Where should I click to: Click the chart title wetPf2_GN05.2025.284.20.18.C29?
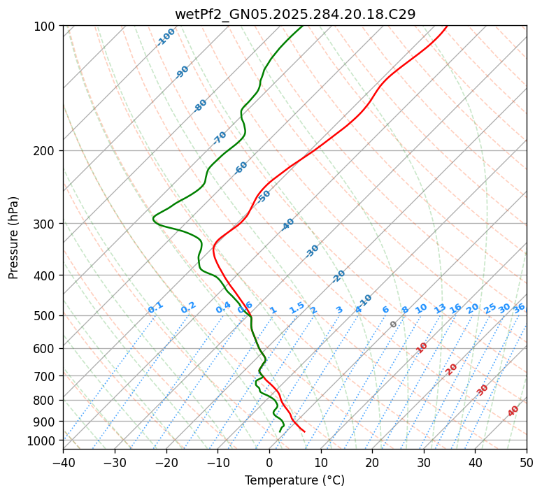point(294,13)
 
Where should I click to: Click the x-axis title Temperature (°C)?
point(294,481)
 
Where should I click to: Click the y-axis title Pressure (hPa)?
point(13,238)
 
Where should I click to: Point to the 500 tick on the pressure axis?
point(46,316)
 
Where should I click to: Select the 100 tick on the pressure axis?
point(46,27)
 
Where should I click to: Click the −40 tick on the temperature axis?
point(63,463)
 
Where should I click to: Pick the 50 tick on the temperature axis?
point(527,463)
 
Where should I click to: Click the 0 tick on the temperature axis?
point(269,463)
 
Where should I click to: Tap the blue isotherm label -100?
point(166,37)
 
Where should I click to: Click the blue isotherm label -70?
point(220,137)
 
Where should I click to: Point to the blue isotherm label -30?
point(312,251)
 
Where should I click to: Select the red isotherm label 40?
point(513,411)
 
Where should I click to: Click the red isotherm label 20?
point(451,368)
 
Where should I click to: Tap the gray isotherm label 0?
point(393,324)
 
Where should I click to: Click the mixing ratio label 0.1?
point(155,308)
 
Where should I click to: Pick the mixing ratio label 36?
point(519,308)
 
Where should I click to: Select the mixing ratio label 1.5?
point(297,307)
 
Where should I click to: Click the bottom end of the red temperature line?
point(304,431)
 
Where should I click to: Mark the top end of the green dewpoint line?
point(303,26)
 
